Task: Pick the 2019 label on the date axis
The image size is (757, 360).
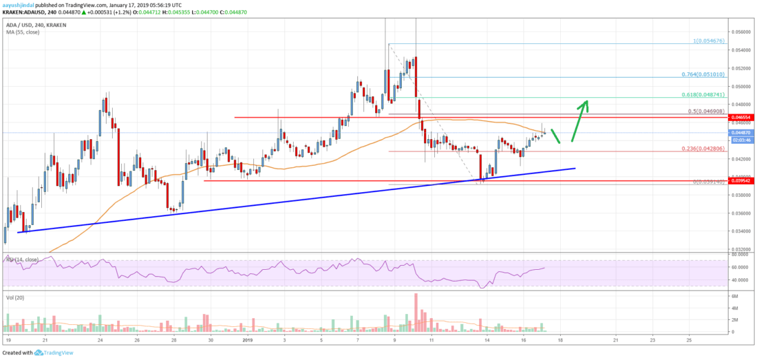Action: (x=247, y=340)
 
